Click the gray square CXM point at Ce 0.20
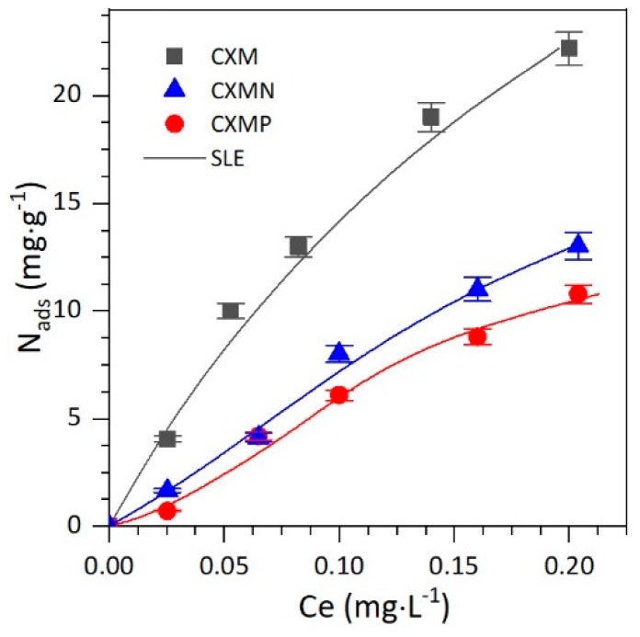(569, 48)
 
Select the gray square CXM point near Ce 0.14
(430, 117)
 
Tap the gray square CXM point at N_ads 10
(231, 311)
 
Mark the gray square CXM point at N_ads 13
(298, 245)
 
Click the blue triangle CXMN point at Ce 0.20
(577, 245)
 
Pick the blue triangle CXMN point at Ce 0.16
(477, 289)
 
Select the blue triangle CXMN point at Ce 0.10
(339, 353)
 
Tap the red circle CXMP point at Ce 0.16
(476, 336)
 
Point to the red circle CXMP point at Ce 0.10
(338, 394)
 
